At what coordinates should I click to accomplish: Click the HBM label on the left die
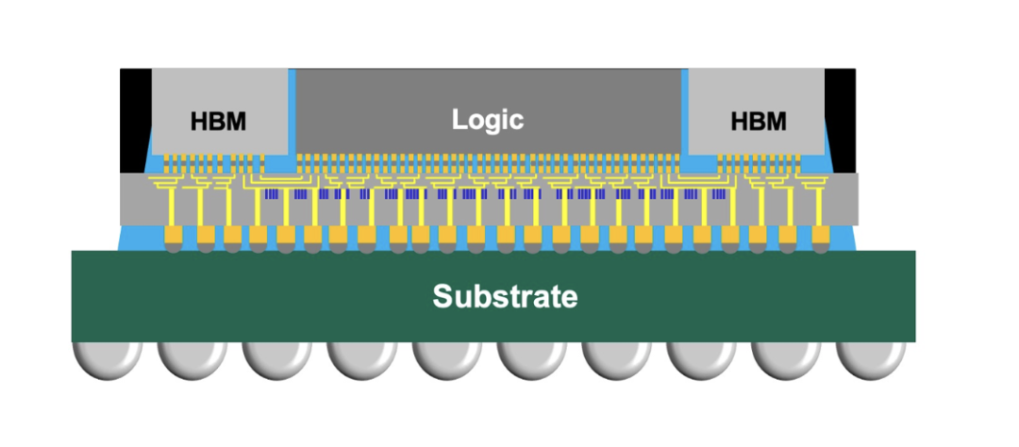click(218, 122)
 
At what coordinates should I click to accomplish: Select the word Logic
click(487, 120)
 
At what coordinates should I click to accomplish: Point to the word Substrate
click(505, 297)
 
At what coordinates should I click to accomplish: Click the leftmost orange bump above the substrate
click(175, 235)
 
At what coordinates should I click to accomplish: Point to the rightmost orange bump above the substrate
click(820, 235)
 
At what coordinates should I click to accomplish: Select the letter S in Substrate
click(443, 297)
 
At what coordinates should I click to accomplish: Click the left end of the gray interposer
click(127, 199)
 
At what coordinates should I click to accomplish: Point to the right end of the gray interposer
click(851, 199)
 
